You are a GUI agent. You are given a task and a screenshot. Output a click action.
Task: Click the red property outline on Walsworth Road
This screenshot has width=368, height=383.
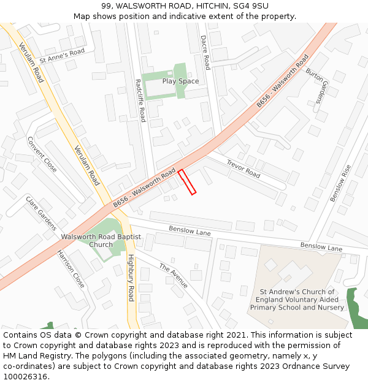[x=187, y=182]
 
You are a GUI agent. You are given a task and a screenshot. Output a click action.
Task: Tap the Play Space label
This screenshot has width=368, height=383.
[x=180, y=81]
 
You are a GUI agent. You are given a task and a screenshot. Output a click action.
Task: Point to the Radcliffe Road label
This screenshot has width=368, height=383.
[x=140, y=100]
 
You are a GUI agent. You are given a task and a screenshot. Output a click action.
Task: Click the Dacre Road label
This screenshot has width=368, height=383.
[x=205, y=52]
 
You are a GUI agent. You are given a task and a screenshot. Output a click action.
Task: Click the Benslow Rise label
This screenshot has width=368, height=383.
[x=340, y=183]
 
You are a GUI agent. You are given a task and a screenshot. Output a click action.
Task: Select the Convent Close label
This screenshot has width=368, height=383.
[x=42, y=154]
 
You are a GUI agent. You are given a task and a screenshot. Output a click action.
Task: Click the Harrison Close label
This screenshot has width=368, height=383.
[x=71, y=268]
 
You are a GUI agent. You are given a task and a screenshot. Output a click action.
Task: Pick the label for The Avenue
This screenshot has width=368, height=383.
[x=174, y=276]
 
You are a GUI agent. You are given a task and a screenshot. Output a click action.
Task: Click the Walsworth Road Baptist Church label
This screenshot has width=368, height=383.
[x=101, y=240]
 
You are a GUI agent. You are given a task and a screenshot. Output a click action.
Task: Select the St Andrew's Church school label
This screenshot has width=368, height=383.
[x=297, y=300]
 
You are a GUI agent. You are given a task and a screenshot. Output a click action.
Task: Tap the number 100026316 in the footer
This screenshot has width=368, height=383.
[x=25, y=377]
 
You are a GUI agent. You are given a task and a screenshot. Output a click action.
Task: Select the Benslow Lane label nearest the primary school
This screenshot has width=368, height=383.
[x=321, y=248]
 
